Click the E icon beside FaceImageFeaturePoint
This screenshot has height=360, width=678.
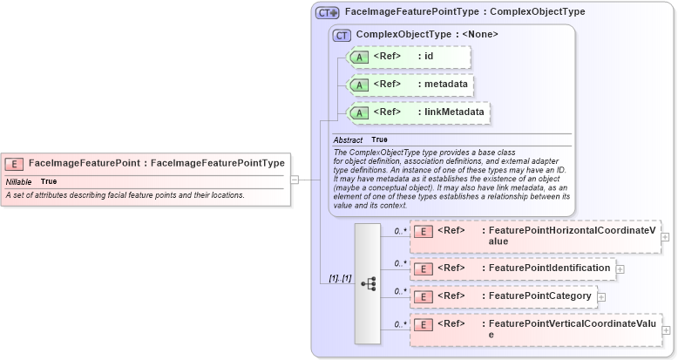[14, 163]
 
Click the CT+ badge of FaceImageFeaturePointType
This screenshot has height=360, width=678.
[328, 13]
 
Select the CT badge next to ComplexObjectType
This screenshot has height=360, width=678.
[342, 36]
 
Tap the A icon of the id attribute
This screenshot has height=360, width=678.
[360, 58]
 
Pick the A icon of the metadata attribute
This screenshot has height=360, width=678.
[360, 85]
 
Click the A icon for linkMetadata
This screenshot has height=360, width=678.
[360, 113]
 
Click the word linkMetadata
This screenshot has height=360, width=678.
[455, 112]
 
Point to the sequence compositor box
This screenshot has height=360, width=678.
[368, 283]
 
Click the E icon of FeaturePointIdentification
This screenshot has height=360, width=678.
[423, 268]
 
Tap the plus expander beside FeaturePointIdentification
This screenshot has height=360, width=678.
[620, 269]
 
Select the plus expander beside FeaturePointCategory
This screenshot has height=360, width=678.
[601, 297]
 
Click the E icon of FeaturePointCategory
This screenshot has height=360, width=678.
[423, 296]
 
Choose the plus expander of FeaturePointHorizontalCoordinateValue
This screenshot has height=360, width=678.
[666, 236]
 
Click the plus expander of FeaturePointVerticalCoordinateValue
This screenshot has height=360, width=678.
[666, 330]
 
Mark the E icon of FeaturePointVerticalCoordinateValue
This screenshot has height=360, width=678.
[423, 325]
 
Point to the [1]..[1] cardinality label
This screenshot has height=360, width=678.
[340, 278]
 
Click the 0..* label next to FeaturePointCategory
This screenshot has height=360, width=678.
[400, 291]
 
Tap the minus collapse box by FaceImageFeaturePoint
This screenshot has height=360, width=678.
[295, 180]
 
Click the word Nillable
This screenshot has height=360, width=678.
[19, 181]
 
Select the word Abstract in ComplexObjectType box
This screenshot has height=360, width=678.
[348, 139]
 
